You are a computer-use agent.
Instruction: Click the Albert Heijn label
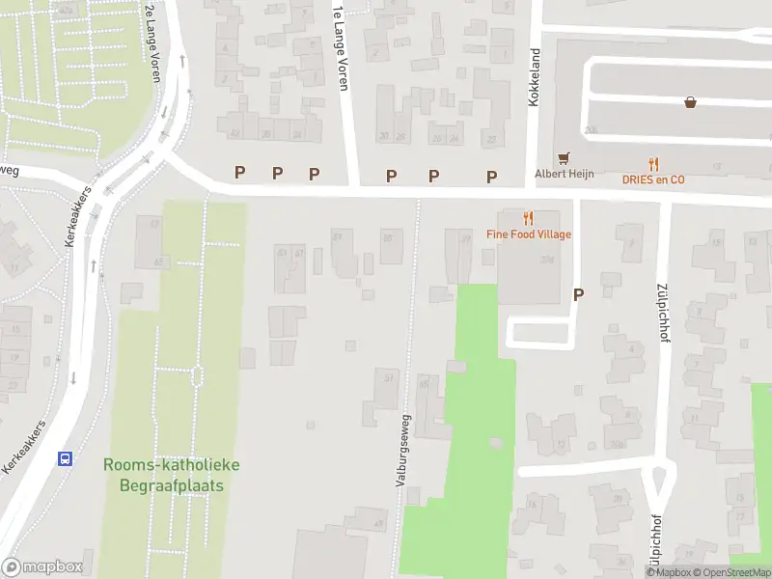click(x=565, y=174)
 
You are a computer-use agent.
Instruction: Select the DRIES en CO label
click(x=653, y=179)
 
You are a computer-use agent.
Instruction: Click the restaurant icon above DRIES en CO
click(x=653, y=163)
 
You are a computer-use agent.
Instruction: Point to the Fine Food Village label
click(x=529, y=234)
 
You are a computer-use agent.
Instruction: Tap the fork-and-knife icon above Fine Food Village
click(x=528, y=218)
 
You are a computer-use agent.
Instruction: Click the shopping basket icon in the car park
click(x=691, y=101)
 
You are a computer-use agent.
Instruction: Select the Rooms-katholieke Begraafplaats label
click(x=173, y=475)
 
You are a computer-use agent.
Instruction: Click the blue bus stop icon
click(x=66, y=459)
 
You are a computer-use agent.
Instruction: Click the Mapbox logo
click(x=42, y=567)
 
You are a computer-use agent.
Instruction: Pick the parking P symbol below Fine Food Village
click(x=578, y=295)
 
